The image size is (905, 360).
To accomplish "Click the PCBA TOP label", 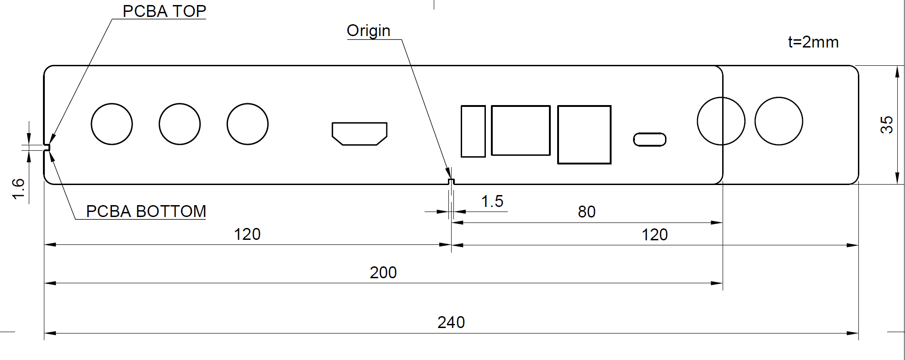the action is pyautogui.click(x=164, y=11).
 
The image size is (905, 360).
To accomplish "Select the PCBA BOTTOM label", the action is pyautogui.click(x=146, y=212).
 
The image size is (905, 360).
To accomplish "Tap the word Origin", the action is pyautogui.click(x=368, y=31).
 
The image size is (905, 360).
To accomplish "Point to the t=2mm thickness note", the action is pyautogui.click(x=813, y=42).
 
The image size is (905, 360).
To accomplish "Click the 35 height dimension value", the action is pyautogui.click(x=887, y=124).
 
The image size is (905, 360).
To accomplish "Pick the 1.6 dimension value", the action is pyautogui.click(x=18, y=189).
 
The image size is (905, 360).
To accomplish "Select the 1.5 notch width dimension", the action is pyautogui.click(x=492, y=201).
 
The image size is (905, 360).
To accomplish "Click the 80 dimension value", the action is pyautogui.click(x=586, y=212).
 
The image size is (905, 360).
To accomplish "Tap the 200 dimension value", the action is pyautogui.click(x=383, y=273).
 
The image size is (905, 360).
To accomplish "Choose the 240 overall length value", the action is pyautogui.click(x=451, y=323).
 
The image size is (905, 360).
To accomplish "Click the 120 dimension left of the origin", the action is pyautogui.click(x=247, y=234).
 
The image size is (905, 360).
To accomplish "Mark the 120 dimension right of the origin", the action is pyautogui.click(x=655, y=235).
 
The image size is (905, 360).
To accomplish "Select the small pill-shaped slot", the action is pyautogui.click(x=649, y=139).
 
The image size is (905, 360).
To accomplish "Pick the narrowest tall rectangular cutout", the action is pyautogui.click(x=473, y=131).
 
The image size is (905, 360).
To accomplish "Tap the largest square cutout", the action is pyautogui.click(x=584, y=134).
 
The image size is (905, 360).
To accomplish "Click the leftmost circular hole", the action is pyautogui.click(x=112, y=124).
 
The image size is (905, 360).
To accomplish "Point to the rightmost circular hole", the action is pyautogui.click(x=778, y=121).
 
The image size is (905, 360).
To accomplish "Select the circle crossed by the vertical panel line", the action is pyautogui.click(x=721, y=121).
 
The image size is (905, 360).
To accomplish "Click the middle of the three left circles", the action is pyautogui.click(x=180, y=124).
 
